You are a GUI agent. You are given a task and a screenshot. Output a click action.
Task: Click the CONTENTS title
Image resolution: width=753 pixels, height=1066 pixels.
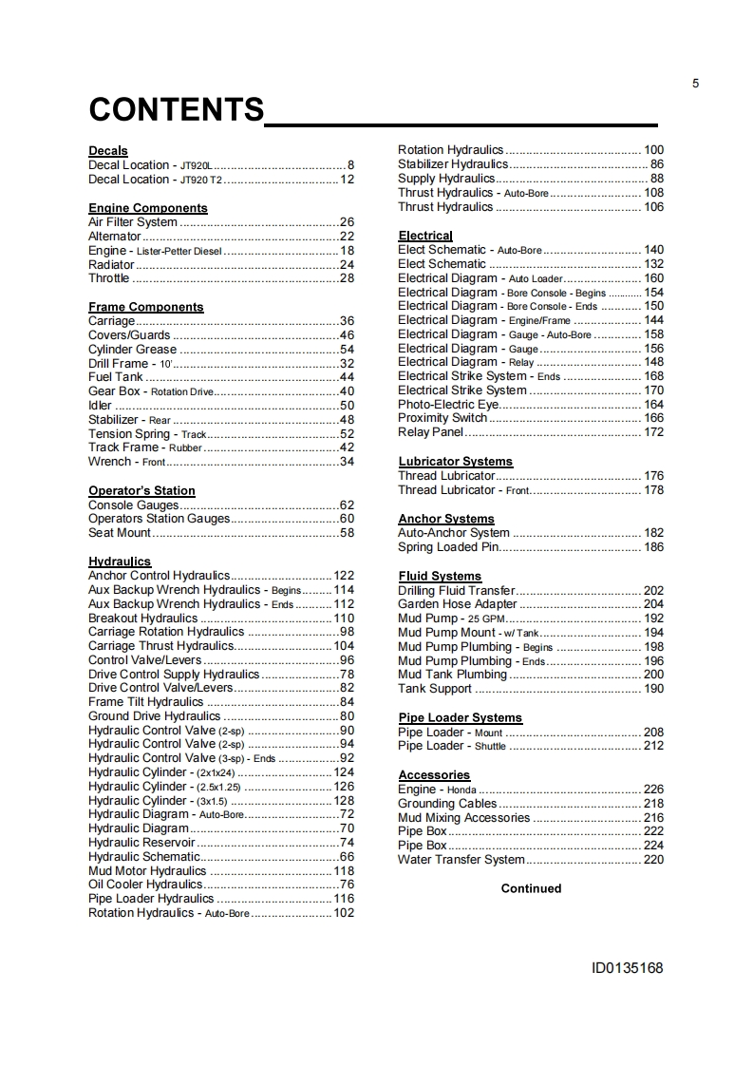[x=177, y=110]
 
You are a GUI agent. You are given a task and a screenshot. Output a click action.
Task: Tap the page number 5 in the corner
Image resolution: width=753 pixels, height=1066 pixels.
[x=696, y=84]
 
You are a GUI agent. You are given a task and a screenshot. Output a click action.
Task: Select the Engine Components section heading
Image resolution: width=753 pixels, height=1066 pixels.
[x=147, y=208]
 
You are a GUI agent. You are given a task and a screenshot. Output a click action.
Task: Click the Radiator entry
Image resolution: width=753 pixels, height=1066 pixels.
[x=111, y=264]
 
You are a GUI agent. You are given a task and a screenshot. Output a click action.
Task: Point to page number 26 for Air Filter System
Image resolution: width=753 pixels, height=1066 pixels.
[x=347, y=222]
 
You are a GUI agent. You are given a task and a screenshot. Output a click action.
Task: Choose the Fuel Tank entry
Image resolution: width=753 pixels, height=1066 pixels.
[x=115, y=377]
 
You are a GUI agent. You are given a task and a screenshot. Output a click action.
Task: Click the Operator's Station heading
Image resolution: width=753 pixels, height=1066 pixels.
[x=141, y=491]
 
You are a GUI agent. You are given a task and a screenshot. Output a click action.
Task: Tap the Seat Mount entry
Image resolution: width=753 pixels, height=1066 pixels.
[x=120, y=533]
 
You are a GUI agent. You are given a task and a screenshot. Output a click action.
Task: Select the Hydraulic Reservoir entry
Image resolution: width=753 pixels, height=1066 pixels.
[x=141, y=843]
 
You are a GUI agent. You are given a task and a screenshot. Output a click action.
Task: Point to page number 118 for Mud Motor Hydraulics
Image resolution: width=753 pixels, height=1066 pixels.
[x=344, y=871]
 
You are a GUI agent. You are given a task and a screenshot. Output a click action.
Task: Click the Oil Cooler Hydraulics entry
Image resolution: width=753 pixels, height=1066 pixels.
[x=145, y=885]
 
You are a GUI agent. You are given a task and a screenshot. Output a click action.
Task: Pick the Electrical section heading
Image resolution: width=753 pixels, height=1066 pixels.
[x=425, y=236]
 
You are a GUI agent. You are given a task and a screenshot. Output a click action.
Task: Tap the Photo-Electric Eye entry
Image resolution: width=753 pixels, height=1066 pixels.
[x=448, y=405]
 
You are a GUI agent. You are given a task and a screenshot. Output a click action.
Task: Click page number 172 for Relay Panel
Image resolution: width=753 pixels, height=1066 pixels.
[x=653, y=432]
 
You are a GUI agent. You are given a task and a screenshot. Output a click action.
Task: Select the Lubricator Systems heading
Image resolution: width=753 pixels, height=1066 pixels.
[x=455, y=462]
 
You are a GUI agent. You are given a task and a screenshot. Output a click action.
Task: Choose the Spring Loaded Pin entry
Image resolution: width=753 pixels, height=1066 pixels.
[x=448, y=547]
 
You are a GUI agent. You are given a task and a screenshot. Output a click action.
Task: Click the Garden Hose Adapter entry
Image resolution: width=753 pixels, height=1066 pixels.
[x=458, y=604]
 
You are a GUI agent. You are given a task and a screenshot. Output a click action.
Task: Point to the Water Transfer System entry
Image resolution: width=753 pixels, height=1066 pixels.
[x=461, y=860]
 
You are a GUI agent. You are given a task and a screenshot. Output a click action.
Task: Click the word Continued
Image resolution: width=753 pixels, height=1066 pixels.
[x=531, y=889]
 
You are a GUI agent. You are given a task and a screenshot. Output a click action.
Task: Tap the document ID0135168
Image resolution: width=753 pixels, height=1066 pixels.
[x=627, y=969]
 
